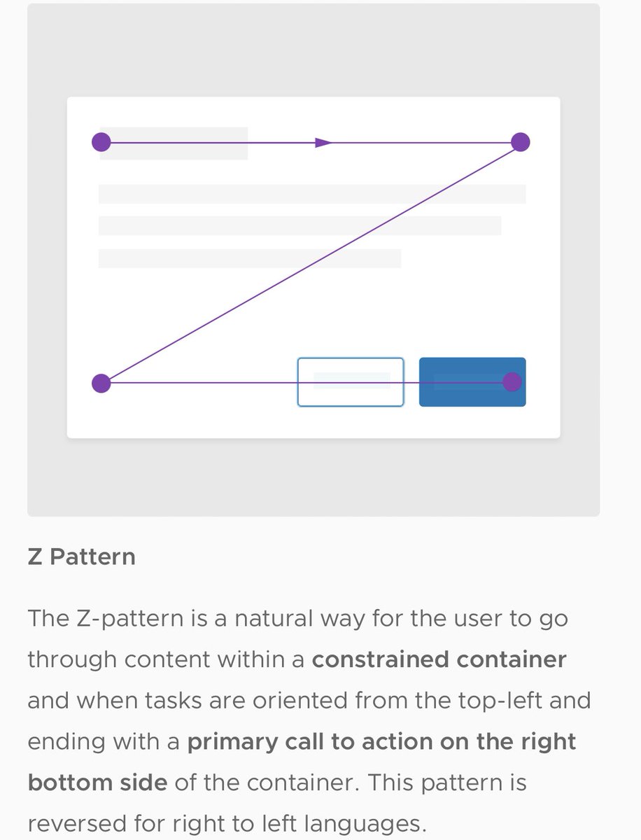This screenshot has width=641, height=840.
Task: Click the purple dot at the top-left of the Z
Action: [x=101, y=142]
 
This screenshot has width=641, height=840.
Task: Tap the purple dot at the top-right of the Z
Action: [x=520, y=142]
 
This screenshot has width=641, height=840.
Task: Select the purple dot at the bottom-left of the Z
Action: [x=101, y=383]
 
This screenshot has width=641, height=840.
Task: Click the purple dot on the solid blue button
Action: [x=512, y=381]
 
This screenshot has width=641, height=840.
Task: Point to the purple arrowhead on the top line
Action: [x=323, y=143]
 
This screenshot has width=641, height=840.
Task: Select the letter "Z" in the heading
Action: [x=35, y=558]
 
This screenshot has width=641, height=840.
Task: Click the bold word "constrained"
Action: [x=381, y=660]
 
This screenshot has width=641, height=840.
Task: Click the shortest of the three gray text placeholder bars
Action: [x=249, y=258]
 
